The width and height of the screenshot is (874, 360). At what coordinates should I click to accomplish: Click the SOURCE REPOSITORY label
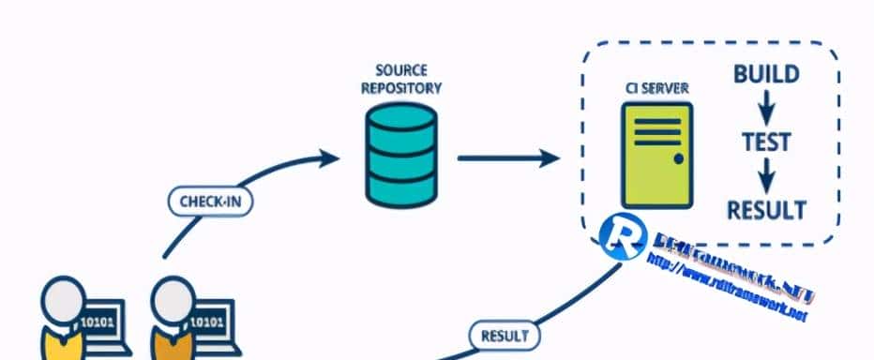tap(400, 80)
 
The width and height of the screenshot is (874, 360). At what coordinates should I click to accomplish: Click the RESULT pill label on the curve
tap(504, 335)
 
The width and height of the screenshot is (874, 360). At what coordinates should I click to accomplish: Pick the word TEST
tap(765, 143)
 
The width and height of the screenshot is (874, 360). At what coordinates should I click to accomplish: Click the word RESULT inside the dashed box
tap(766, 207)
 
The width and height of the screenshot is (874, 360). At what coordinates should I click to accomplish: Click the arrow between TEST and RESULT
tap(765, 175)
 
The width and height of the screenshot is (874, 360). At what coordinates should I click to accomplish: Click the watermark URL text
tap(727, 288)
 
